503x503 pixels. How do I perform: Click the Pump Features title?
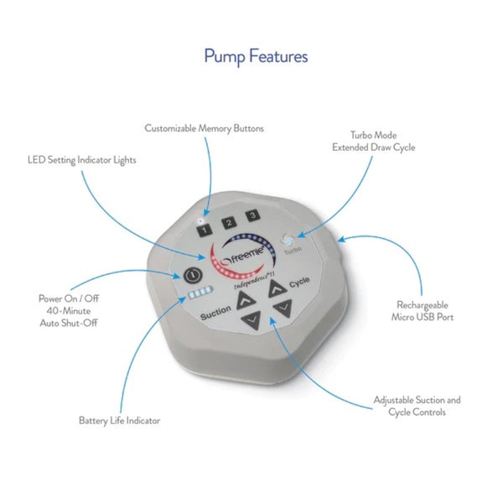(256, 57)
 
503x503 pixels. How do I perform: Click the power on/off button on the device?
(192, 274)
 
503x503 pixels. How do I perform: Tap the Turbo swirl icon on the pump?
(289, 238)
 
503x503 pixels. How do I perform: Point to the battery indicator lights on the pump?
(199, 295)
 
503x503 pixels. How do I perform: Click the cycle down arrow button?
(282, 309)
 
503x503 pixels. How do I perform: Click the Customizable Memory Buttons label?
(204, 128)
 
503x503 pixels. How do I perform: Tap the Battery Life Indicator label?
(119, 420)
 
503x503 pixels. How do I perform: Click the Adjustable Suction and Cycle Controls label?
(417, 406)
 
